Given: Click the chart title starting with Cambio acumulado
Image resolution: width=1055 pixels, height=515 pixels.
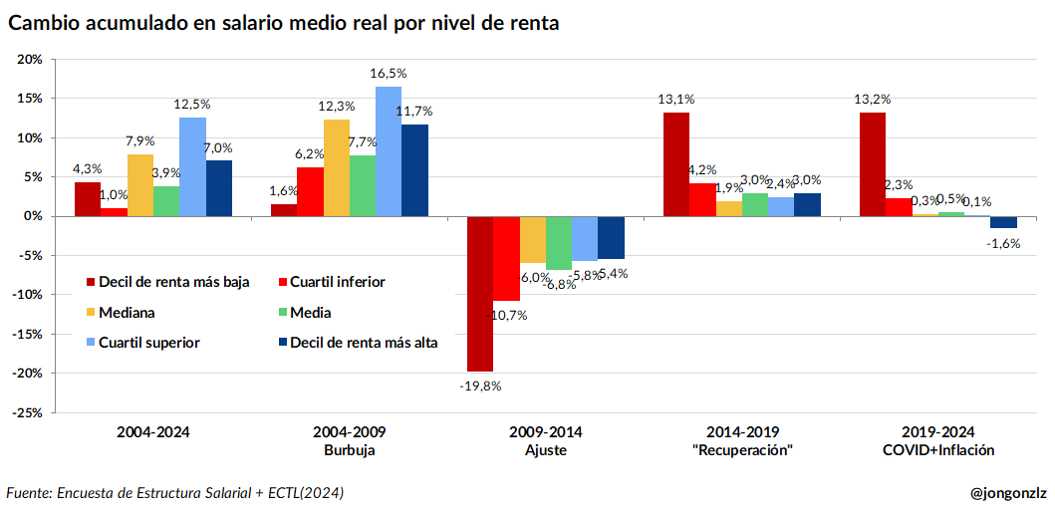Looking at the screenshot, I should (283, 23).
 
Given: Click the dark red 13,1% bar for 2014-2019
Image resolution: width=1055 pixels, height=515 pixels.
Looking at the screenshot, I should (676, 164).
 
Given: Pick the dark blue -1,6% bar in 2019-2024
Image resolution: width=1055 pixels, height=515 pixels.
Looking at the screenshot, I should (1003, 222).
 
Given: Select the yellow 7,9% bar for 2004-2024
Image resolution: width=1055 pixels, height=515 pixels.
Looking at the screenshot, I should (139, 185).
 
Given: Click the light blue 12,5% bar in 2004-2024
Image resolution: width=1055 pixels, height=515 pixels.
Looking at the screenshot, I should (192, 166).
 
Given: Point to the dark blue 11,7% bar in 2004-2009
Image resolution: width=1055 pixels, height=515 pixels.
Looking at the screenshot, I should (413, 170).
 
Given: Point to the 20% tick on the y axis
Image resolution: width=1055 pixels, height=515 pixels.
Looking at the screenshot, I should (30, 60).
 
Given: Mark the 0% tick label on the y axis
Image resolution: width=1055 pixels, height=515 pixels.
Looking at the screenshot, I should (33, 216).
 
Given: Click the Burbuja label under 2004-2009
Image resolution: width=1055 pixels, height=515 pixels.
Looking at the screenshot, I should (349, 450).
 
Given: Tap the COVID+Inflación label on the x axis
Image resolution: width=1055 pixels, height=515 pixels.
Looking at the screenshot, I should (937, 450).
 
